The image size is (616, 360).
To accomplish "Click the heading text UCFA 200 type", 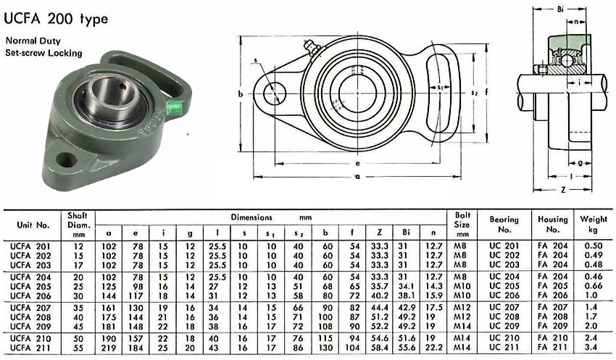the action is pyautogui.click(x=55, y=19).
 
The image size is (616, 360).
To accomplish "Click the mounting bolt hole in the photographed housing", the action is pyautogui.click(x=67, y=159).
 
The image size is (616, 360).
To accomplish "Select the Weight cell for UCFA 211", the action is pyautogui.click(x=591, y=347).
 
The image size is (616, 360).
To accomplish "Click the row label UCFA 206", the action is pyautogui.click(x=30, y=296).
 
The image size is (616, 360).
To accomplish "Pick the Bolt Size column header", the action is pyautogui.click(x=462, y=225).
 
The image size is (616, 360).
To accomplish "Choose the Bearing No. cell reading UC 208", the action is pyautogui.click(x=504, y=317).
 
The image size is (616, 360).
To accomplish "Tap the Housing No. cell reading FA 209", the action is pyautogui.click(x=553, y=326).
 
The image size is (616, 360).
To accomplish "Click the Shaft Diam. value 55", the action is pyautogui.click(x=78, y=348).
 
